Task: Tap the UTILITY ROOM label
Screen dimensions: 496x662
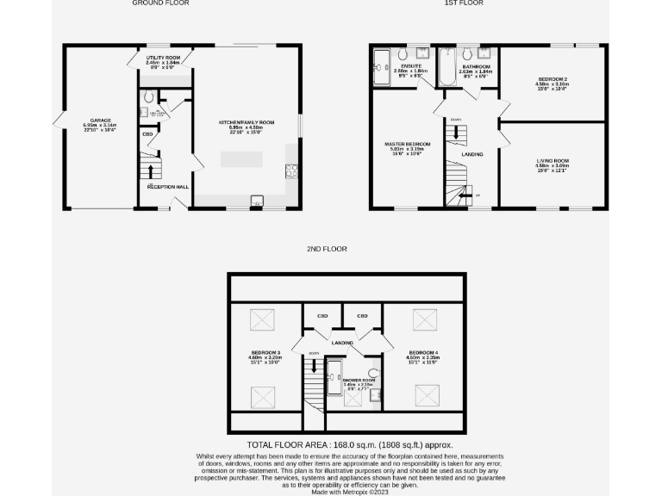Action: pos(162,58)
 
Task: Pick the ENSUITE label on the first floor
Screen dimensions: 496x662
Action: pos(410,66)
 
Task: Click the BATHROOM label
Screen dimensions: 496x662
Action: pos(476,66)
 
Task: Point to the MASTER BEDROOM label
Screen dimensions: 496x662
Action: pos(408,144)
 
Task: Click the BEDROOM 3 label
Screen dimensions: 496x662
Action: pos(265,352)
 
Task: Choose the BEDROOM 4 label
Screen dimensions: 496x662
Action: pos(423,352)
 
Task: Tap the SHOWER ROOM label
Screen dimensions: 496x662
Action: pos(359,380)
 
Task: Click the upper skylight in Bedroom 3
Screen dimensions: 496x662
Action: pos(262,320)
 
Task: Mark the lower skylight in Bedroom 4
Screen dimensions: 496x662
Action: pos(427,395)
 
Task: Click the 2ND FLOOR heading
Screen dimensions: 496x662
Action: pos(327,249)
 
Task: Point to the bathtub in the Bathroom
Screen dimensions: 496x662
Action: pos(447,68)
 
